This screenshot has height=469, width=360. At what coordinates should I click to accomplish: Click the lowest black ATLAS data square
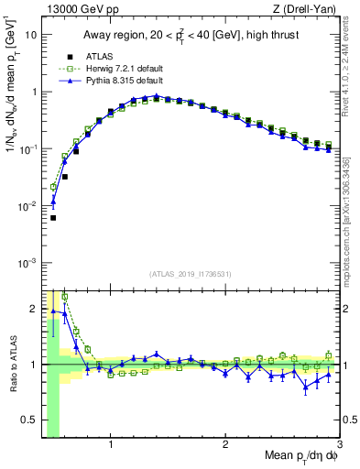[x=53, y=218]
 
